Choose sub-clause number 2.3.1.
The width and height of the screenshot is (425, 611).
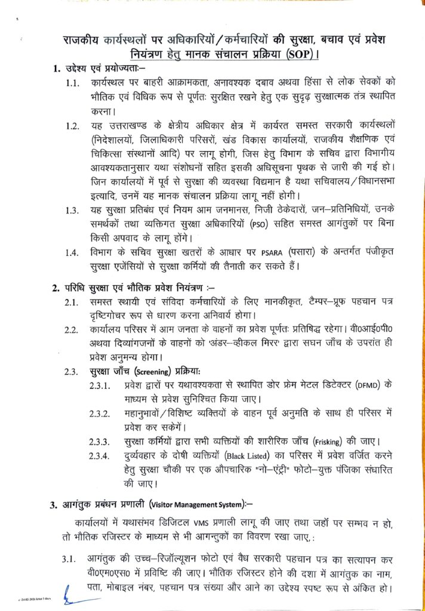[x=99, y=385]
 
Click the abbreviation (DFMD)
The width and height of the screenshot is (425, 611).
[x=370, y=385]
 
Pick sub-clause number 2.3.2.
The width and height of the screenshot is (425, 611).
[x=99, y=413]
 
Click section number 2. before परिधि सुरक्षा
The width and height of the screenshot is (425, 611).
[x=56, y=288]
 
